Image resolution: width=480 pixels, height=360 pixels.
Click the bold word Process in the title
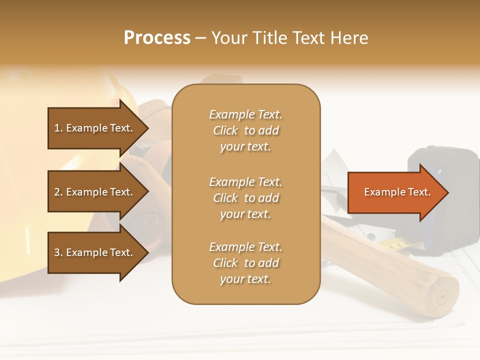point(157,38)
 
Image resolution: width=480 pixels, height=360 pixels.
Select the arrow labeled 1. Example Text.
point(95,128)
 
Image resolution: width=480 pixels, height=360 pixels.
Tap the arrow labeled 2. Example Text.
point(95,192)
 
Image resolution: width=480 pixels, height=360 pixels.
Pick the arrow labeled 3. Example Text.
point(95,252)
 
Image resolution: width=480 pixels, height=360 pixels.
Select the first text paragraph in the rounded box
point(245,130)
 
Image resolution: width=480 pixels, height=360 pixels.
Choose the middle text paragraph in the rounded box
point(245,198)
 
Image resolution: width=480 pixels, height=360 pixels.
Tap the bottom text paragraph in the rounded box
point(245,263)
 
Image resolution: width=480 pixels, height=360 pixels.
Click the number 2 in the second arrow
point(57,192)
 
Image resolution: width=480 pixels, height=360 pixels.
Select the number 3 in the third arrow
point(57,252)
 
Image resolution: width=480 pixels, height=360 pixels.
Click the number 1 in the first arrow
point(57,128)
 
